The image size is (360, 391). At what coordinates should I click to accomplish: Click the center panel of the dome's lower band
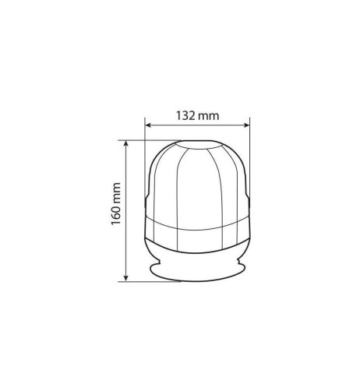point(198,231)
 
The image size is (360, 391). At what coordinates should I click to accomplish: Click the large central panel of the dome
point(198,187)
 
